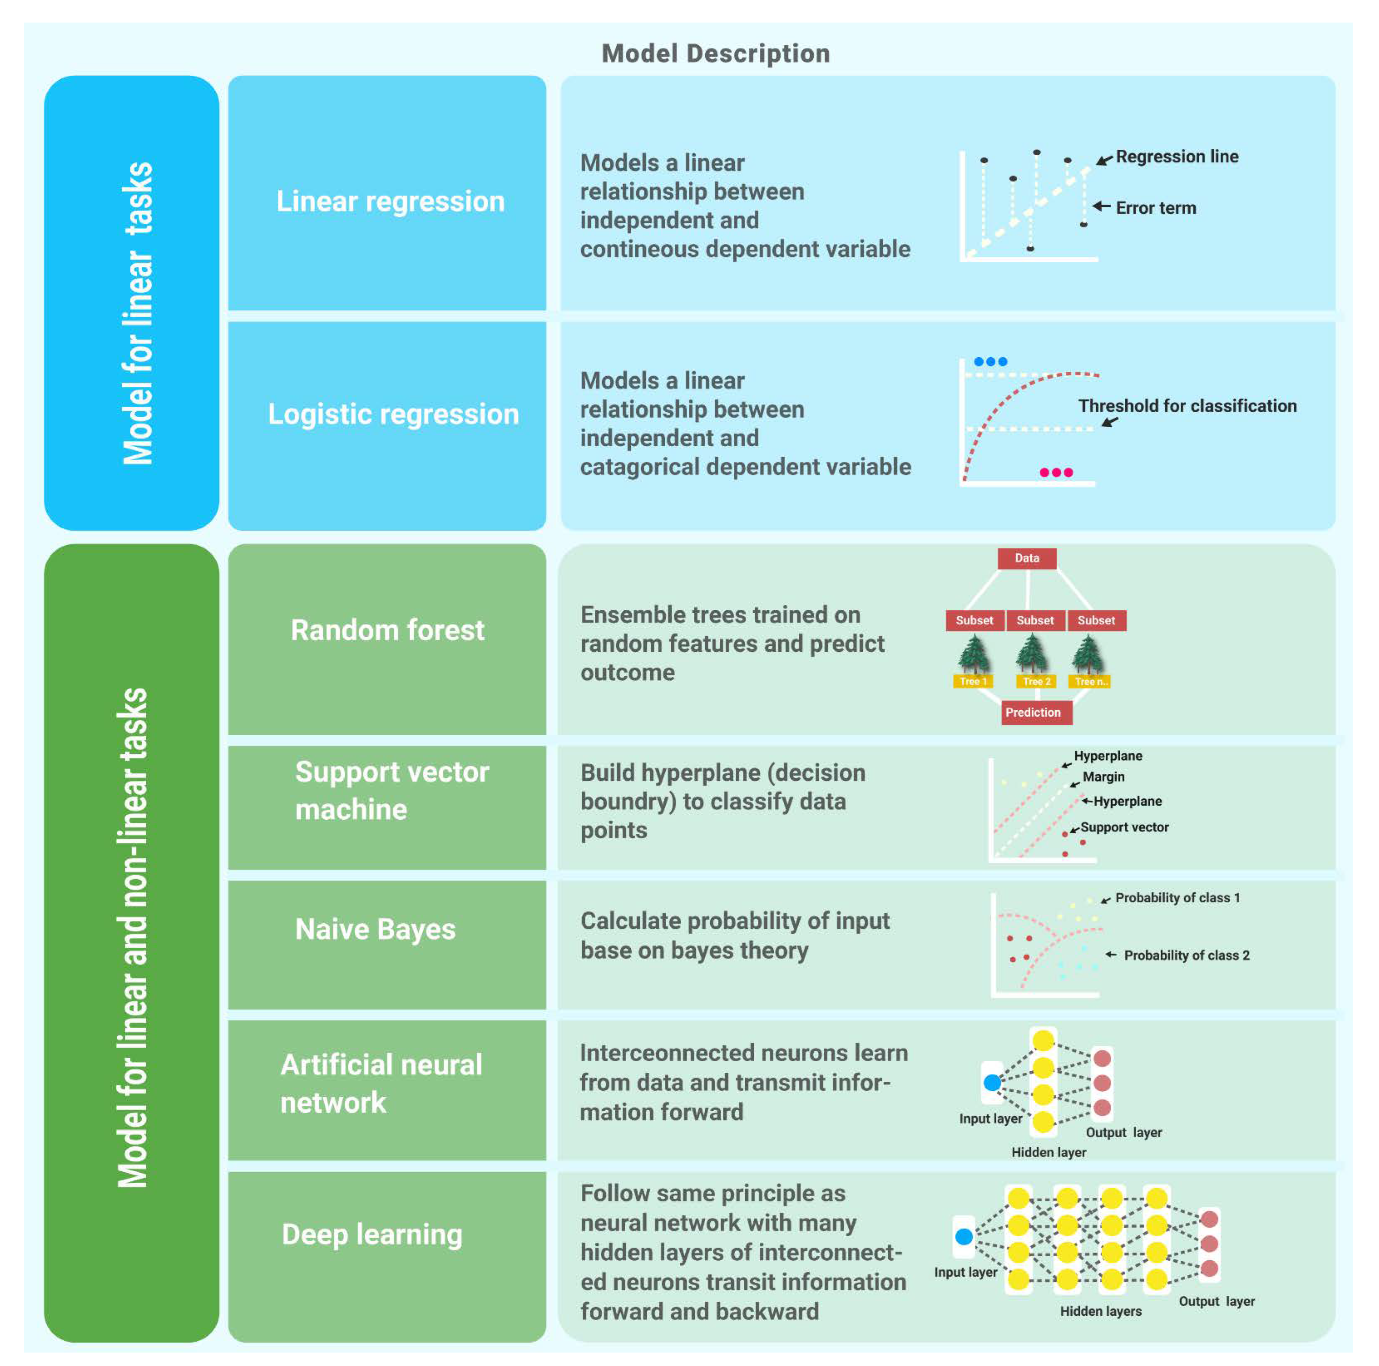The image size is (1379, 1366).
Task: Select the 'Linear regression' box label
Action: [x=390, y=202]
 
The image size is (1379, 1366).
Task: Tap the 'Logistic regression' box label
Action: [x=393, y=414]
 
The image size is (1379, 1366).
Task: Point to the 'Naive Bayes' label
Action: [x=375, y=929]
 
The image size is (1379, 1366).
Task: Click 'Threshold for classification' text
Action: [x=1187, y=405]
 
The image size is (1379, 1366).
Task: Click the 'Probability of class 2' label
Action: [x=1186, y=955]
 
